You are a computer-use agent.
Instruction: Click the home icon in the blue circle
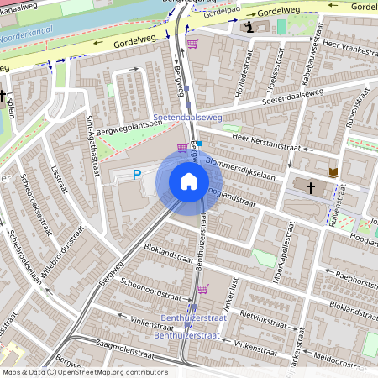[x=189, y=181]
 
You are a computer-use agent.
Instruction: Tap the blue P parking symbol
[x=137, y=176]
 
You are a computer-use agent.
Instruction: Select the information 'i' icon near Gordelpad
[x=249, y=27]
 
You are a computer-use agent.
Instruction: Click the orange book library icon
[x=333, y=173]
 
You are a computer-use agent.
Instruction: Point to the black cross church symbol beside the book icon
[x=311, y=186]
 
